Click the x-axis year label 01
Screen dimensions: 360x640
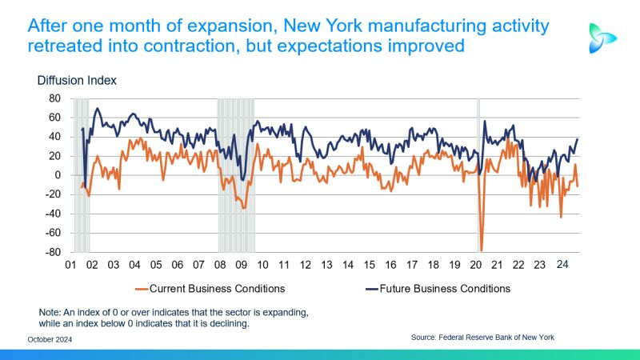(x=70, y=265)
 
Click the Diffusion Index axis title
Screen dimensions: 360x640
(x=77, y=80)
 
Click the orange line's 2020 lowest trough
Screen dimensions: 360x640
(x=482, y=250)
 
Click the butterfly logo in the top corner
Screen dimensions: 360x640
(x=602, y=38)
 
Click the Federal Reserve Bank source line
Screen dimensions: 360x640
(x=482, y=338)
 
